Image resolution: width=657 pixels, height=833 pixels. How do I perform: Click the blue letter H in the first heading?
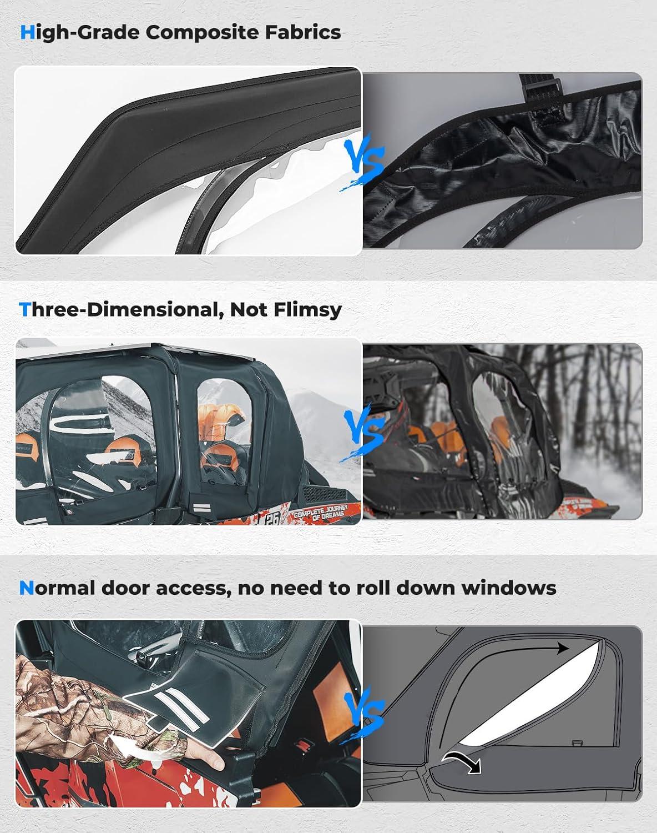[27, 33]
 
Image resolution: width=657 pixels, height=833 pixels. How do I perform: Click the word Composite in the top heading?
[202, 33]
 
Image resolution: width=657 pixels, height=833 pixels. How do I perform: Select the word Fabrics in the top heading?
[303, 32]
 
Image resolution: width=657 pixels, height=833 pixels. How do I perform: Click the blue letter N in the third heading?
[26, 588]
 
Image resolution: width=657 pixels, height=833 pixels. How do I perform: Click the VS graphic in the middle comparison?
[363, 434]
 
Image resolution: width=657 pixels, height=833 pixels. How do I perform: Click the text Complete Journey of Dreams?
[321, 511]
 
